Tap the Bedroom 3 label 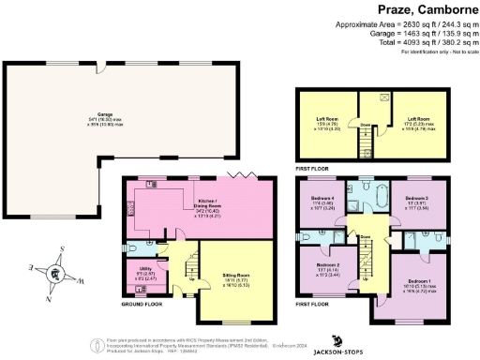coord(418,202)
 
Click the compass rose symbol coord(55,274)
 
